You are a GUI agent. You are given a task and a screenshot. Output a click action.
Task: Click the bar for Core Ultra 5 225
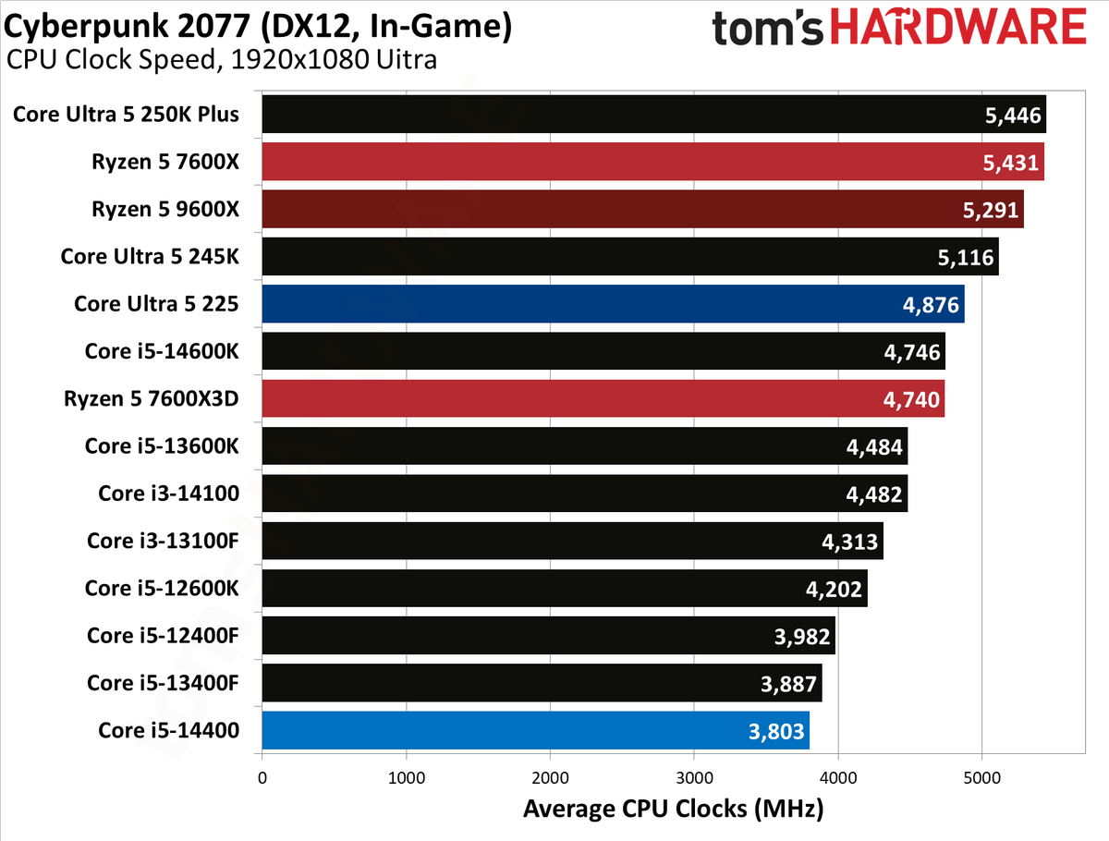pos(613,303)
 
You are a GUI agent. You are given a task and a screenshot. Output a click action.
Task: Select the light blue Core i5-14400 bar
pos(535,730)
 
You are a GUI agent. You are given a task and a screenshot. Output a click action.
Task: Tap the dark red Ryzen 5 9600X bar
pos(642,209)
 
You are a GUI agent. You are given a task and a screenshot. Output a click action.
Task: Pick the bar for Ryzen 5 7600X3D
pos(603,398)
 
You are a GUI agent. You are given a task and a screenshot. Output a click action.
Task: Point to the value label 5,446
pos(1013,116)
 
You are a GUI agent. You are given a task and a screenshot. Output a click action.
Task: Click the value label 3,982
pos(802,637)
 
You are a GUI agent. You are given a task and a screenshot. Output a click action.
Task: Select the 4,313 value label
pos(849,542)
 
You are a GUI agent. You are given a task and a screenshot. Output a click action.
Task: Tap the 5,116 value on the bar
pos(966,258)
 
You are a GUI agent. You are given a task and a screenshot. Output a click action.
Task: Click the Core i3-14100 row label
pos(168,494)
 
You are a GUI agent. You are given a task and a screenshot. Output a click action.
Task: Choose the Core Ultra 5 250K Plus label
pos(126,115)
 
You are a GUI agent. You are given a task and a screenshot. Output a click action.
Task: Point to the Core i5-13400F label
pos(163,683)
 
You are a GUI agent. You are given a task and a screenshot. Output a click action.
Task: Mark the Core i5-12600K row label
pos(162,589)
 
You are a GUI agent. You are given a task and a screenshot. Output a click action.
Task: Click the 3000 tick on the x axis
pos(694,778)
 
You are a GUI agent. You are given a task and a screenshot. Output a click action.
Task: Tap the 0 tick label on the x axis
pos(262,778)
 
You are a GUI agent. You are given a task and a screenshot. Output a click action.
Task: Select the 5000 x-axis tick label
pos(982,778)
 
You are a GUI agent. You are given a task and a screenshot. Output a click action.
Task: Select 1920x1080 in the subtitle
pos(299,59)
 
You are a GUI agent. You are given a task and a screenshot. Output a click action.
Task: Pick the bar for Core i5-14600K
pos(603,351)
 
